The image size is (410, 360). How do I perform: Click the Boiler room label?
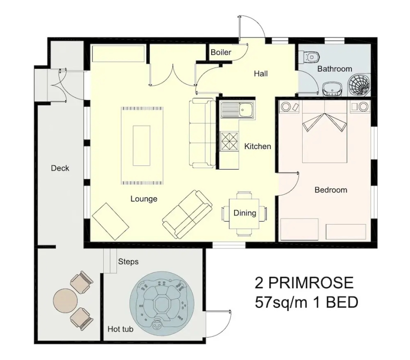[221, 52]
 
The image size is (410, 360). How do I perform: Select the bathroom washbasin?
[332, 89]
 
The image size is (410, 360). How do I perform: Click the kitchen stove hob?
[229, 142]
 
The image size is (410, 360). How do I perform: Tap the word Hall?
[261, 74]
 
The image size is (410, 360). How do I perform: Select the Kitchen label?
[258, 146]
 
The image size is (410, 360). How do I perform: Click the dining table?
[244, 214]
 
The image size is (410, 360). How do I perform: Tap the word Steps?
[128, 262]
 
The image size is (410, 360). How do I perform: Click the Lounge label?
[144, 199]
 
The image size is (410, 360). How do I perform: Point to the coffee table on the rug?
[142, 145]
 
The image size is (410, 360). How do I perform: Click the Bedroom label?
[331, 190]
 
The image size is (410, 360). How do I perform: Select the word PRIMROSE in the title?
[311, 283]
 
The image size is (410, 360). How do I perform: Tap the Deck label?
[60, 168]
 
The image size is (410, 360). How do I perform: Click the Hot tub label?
[120, 329]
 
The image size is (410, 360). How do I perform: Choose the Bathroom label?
[334, 69]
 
